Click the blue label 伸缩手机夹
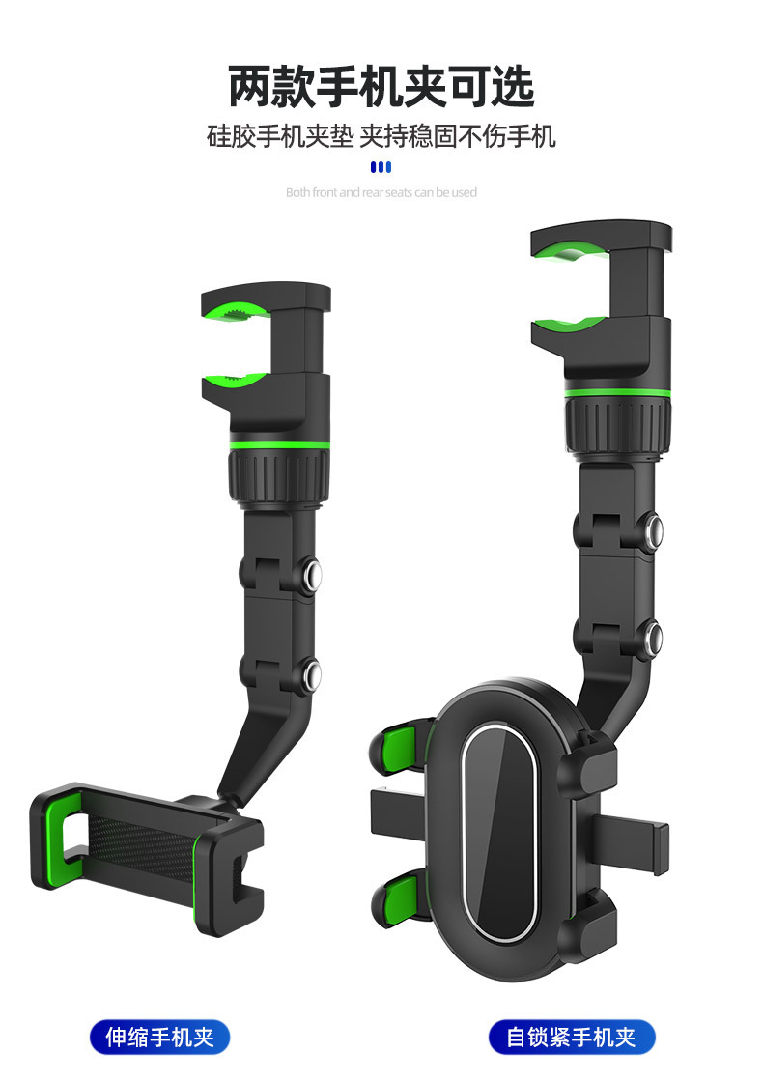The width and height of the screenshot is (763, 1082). (x=159, y=1037)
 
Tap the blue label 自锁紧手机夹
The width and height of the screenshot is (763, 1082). (x=571, y=1037)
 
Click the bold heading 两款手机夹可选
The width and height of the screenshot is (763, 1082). (x=381, y=87)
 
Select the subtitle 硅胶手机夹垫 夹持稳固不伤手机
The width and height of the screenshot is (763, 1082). (x=381, y=136)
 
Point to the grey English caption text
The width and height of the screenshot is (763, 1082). (x=381, y=192)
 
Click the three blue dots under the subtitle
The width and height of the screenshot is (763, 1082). (x=381, y=167)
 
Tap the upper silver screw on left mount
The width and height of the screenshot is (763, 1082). (x=312, y=574)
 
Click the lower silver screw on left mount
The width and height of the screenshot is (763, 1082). (x=312, y=673)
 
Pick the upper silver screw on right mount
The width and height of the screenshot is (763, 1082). (x=653, y=530)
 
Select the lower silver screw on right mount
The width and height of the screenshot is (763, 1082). (x=653, y=637)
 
